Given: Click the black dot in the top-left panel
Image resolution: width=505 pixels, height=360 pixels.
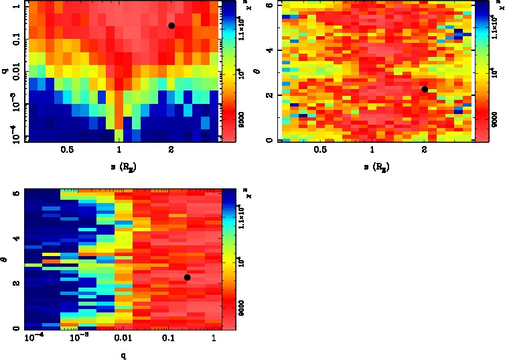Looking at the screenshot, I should pos(171,25).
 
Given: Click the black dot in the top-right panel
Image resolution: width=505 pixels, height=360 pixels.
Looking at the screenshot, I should pos(425,89).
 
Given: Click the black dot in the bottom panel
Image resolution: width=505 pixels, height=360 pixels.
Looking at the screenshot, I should pos(188,277).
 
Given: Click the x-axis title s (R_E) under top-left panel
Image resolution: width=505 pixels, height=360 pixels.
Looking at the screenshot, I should pos(118,166).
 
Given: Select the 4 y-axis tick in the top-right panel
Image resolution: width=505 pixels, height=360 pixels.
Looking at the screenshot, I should pos(269,50).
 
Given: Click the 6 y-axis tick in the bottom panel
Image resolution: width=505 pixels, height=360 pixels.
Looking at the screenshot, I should pos(15,194).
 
